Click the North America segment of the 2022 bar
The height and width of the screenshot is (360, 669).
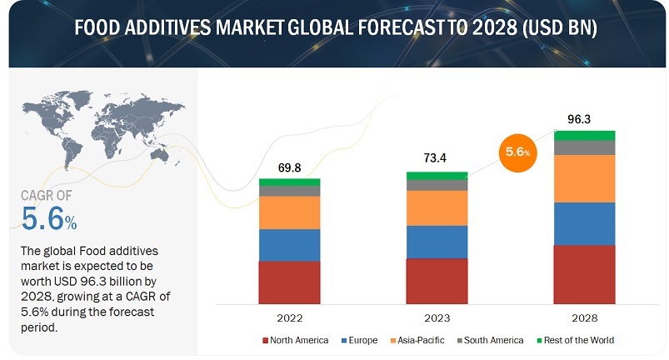pyautogui.click(x=289, y=282)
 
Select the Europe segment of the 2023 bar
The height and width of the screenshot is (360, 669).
pyautogui.click(x=437, y=242)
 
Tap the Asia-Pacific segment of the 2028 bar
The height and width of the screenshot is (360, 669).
pyautogui.click(x=585, y=178)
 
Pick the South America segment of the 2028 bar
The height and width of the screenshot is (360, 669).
pyautogui.click(x=585, y=147)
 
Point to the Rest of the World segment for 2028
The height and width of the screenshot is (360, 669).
pyautogui.click(x=585, y=135)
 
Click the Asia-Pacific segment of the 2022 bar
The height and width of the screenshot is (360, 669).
pyautogui.click(x=289, y=212)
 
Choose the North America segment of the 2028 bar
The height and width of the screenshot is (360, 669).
pyautogui.click(x=585, y=274)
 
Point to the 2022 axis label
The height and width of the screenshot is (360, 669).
pyautogui.click(x=289, y=317)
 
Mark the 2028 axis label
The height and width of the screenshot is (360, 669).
pyautogui.click(x=585, y=317)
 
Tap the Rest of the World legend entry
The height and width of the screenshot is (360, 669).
pyautogui.click(x=579, y=340)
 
